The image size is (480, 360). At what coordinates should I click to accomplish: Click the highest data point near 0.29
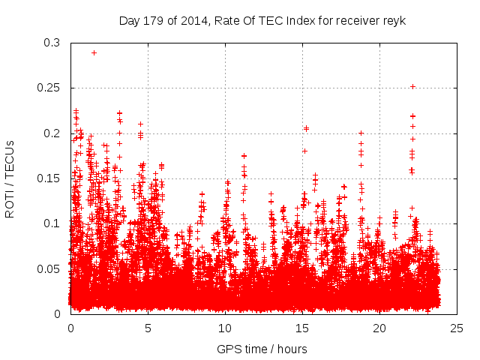94,52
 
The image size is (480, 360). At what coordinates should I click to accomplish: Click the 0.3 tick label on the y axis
52,43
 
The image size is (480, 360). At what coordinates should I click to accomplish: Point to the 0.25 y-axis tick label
49,88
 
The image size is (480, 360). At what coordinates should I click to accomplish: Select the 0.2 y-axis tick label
52,133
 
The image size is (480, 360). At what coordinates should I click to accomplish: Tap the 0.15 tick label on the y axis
49,178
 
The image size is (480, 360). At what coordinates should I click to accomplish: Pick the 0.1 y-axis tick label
52,223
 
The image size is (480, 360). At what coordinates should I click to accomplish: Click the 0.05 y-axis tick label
49,268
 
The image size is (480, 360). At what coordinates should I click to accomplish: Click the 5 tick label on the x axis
148,328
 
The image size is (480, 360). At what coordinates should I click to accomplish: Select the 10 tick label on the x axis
225,328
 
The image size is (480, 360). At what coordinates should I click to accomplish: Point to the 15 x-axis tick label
302,328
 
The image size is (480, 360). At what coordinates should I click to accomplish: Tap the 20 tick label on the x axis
379,328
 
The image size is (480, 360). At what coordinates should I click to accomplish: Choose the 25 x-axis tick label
457,328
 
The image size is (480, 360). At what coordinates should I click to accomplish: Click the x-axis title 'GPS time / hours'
262,349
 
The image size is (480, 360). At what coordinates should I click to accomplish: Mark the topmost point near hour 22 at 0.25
412,87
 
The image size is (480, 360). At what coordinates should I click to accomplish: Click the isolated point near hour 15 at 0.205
306,128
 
